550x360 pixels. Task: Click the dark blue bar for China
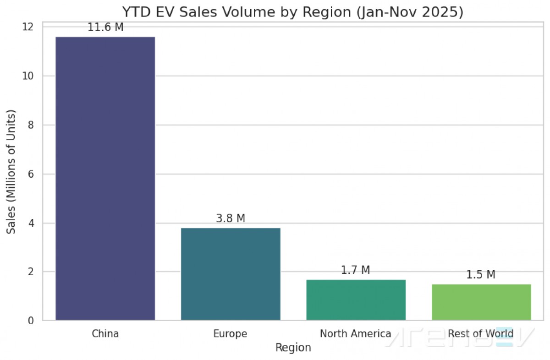[x=105, y=178]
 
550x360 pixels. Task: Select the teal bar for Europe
[x=231, y=274]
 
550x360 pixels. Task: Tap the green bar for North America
[x=356, y=300]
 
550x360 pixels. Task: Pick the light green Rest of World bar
[x=481, y=302]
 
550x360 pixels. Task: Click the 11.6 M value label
[x=105, y=27]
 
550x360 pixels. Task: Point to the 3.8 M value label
[x=231, y=218]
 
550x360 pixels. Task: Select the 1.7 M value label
[x=355, y=270]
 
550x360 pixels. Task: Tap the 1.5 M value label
[x=481, y=275]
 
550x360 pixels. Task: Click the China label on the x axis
[x=105, y=333]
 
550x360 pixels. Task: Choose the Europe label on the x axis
[x=230, y=334]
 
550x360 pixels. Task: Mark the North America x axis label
[x=355, y=333]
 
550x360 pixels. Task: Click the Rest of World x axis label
[x=481, y=333]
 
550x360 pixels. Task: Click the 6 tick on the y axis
[x=30, y=174]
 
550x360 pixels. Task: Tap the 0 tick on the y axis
[x=30, y=321]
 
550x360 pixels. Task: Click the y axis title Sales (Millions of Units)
[x=11, y=172]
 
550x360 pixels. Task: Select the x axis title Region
[x=293, y=348]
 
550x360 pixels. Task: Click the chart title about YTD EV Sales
[x=293, y=12]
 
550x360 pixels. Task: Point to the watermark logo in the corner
[x=458, y=337]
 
